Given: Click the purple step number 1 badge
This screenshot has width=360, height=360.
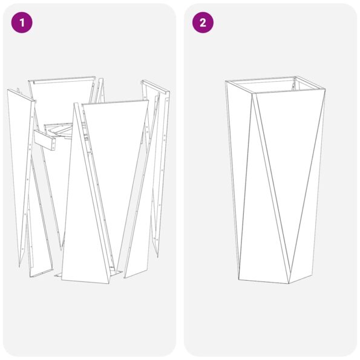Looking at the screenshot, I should (22, 23).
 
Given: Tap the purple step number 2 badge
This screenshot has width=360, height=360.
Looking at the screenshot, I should (202, 23).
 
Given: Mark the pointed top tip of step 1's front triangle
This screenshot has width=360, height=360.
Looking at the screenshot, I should (76, 104).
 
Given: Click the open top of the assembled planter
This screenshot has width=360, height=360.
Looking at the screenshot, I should (275, 85).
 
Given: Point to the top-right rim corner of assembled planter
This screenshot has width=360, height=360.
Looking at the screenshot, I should (326, 91).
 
